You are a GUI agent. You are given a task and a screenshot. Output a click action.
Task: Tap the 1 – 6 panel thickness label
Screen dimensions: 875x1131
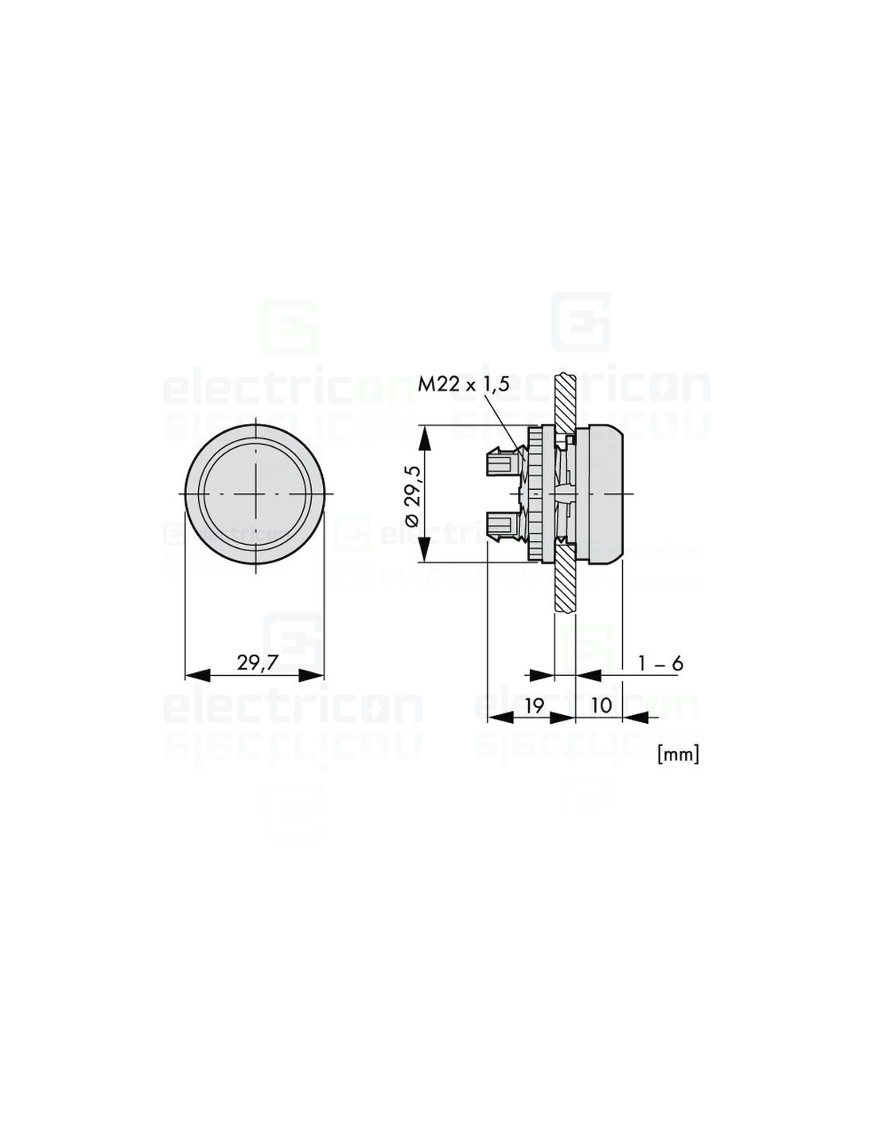[660, 663]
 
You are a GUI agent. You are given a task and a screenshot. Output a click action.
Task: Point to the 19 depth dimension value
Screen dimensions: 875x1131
[534, 705]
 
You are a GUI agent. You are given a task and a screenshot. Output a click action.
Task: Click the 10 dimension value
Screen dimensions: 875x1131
[601, 705]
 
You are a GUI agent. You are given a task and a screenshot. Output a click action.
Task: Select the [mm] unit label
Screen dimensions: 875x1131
[679, 754]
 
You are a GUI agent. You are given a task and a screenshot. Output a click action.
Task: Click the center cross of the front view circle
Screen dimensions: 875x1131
[256, 493]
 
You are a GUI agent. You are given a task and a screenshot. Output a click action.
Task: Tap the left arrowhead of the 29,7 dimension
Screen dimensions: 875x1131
[198, 675]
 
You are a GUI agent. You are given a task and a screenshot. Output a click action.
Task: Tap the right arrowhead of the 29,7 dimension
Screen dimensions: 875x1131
[311, 675]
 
